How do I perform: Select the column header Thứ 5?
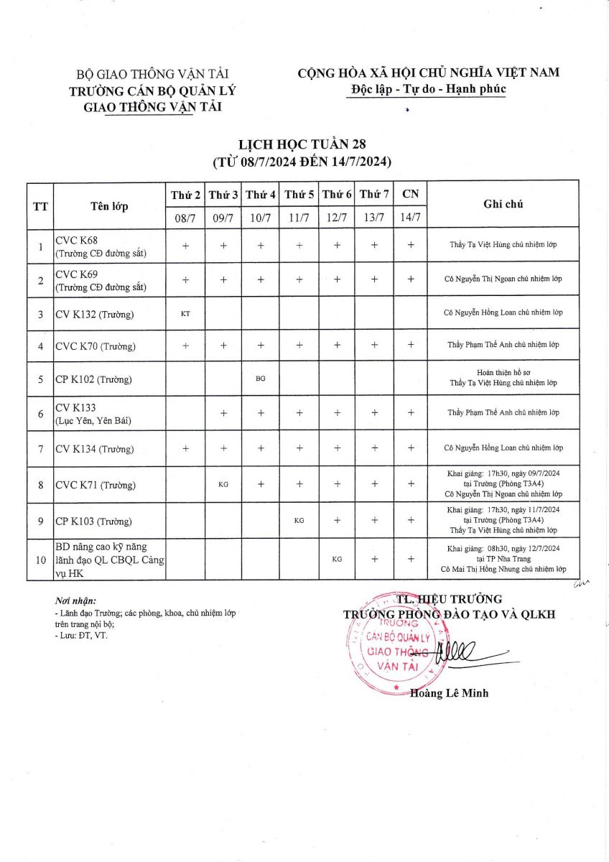(x=299, y=195)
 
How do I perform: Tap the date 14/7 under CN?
(x=411, y=217)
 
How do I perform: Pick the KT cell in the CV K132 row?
(x=185, y=313)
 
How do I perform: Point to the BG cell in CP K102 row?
(x=260, y=378)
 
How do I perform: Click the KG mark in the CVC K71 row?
(x=223, y=485)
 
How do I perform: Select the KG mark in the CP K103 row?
(x=299, y=521)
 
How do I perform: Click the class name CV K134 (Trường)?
(x=95, y=450)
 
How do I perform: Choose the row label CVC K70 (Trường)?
(x=96, y=347)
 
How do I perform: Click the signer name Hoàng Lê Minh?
(x=449, y=693)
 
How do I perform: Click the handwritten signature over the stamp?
(x=460, y=650)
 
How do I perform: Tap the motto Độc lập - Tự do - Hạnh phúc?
(x=429, y=89)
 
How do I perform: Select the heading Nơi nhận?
(x=75, y=601)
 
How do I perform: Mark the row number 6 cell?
(x=40, y=413)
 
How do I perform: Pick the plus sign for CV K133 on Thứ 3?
(x=223, y=413)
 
